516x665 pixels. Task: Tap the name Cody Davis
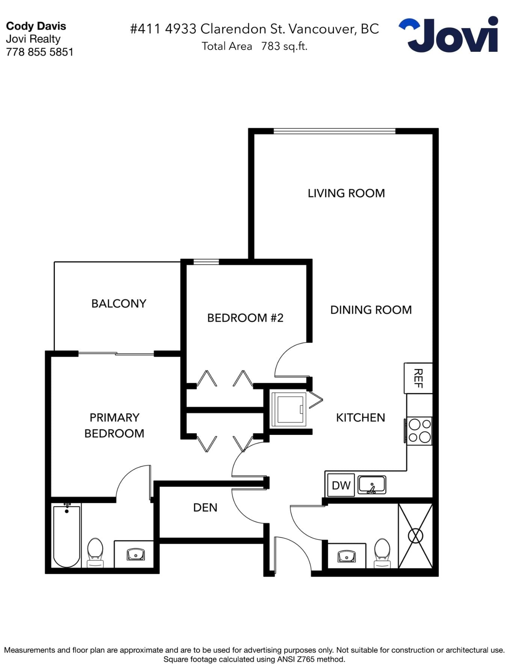coord(36,26)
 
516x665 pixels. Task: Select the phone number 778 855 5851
coord(40,52)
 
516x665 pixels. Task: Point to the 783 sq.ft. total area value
coord(284,46)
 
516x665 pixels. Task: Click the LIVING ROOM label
coord(346,193)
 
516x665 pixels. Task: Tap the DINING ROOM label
coord(371,310)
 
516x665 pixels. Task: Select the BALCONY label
coord(119,304)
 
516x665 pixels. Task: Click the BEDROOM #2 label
coord(245,318)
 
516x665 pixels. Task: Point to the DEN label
coord(205,508)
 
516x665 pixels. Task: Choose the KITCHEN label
coord(361,418)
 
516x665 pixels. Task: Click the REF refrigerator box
coord(418,378)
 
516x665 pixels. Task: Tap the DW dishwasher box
coord(341,485)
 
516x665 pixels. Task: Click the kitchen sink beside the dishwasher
coord(372,484)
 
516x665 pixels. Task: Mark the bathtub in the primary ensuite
coord(66,536)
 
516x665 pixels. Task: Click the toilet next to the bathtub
coord(95,553)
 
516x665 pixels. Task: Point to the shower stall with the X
coord(415,536)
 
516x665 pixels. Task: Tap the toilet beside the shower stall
coord(382,553)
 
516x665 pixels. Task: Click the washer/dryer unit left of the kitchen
coord(289,409)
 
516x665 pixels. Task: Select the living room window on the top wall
coord(334,131)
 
